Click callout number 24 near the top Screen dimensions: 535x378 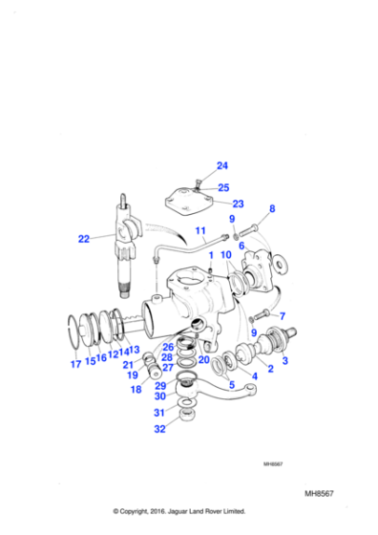pos(222,165)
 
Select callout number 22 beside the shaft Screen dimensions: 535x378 pos(84,239)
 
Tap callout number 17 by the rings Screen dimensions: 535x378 pos(74,363)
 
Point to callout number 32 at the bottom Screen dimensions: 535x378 pos(160,429)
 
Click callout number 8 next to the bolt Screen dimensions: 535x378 pos(272,208)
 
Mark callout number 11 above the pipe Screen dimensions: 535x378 pos(200,231)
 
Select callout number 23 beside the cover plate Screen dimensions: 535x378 pos(239,203)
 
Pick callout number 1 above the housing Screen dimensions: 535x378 pos(211,256)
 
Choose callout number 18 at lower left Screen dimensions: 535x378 pos(136,390)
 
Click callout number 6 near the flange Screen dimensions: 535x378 pos(242,246)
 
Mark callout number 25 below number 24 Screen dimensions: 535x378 pos(222,187)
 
